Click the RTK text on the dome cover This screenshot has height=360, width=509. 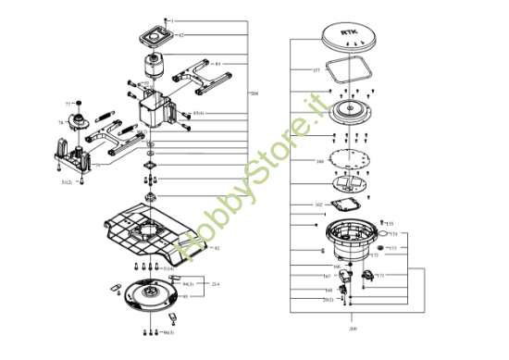coord(347,34)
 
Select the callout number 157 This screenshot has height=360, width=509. coord(316,70)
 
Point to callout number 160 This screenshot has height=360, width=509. coord(319,161)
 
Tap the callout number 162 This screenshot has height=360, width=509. coord(318,205)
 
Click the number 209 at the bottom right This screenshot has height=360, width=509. coord(353,329)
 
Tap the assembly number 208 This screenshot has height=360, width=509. coord(254,93)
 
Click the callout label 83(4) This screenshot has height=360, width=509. coord(198,113)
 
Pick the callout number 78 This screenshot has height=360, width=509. coord(61,122)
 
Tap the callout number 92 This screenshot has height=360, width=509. coord(216,248)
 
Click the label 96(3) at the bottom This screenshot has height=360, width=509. coord(168,331)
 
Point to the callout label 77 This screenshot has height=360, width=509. coord(68,103)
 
